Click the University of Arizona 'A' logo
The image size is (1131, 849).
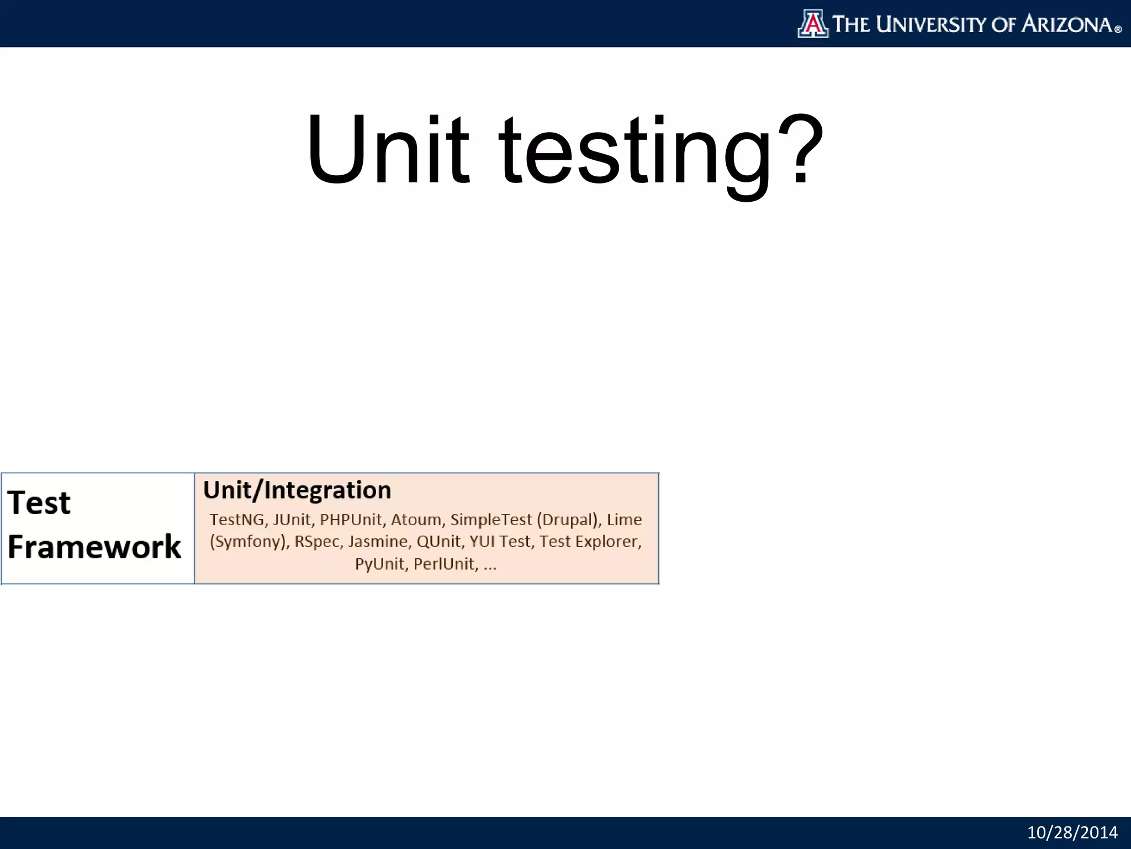coord(813,24)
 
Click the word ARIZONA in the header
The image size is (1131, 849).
coord(1067,24)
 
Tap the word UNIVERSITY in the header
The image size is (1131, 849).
coord(931,24)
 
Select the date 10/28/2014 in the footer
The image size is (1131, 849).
coord(1072,832)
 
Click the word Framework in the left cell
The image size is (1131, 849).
coord(94,547)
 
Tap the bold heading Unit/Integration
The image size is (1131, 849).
coord(297,490)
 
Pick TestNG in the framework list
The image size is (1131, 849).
coord(237,520)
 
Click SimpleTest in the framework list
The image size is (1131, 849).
coord(491,520)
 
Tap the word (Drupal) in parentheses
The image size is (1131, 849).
coord(569,520)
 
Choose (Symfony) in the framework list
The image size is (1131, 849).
coord(249,542)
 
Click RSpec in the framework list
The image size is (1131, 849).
coord(317,542)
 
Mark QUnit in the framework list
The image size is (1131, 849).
coord(438,542)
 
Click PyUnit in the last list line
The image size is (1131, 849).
coord(380,564)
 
